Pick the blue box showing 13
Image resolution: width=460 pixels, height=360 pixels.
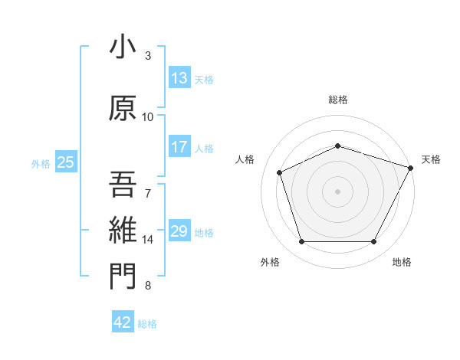179,78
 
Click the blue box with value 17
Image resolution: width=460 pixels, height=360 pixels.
179,147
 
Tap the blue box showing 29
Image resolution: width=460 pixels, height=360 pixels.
179,232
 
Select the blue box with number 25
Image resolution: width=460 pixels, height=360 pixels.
65,162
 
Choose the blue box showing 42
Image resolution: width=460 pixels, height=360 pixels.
123,322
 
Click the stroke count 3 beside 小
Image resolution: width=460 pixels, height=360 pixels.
148,56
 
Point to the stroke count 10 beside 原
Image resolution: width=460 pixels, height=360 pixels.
148,116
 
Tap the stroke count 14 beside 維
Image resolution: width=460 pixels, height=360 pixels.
148,240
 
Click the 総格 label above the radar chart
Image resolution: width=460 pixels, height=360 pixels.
338,100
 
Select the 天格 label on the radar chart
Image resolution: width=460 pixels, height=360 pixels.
431,159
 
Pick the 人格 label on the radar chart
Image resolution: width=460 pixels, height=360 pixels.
245,159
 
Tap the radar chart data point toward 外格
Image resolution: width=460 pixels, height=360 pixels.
301,242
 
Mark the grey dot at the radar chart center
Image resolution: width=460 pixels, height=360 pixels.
338,191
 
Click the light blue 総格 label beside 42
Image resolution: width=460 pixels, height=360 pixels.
147,324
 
